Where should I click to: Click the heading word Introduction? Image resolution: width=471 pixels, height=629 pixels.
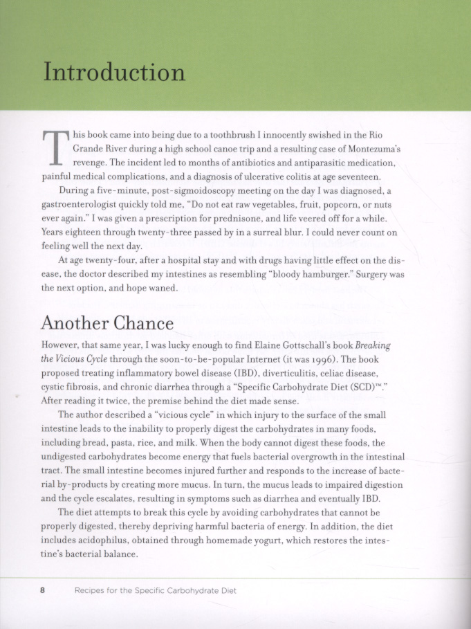114,73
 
